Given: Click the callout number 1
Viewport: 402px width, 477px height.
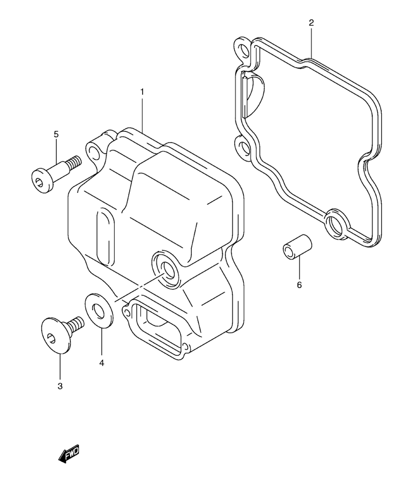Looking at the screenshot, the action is [142, 92].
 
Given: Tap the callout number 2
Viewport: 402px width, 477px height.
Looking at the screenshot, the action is [311, 23].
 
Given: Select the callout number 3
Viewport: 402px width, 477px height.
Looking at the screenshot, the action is [60, 386].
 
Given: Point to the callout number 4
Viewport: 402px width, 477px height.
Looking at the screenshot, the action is [102, 363].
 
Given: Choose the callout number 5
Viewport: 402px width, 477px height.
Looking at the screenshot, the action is [56, 134].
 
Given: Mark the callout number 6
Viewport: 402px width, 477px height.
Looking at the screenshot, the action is [299, 285].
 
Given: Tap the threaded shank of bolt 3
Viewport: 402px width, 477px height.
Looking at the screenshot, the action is [75, 324].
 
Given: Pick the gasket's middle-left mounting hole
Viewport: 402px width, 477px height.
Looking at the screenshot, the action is [243, 147].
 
